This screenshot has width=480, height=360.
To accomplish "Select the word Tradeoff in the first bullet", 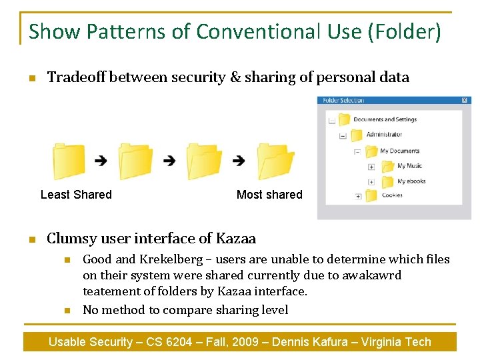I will [x=76, y=77].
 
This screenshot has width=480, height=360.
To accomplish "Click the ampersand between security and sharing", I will [x=235, y=77].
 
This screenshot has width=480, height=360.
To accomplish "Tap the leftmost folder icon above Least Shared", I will [x=69, y=161].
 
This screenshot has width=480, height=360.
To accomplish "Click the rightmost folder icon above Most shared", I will [x=275, y=161].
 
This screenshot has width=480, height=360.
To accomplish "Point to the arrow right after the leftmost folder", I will [x=101, y=161].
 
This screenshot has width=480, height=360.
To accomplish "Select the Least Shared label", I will [x=76, y=195].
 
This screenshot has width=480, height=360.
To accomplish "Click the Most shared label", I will [x=269, y=195].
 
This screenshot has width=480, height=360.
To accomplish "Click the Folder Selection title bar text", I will [x=343, y=101].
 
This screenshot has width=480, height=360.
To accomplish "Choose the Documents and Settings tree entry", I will [x=385, y=120].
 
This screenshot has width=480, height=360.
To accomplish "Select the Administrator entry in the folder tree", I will [x=383, y=135].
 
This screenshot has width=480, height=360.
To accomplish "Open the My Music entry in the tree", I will [x=409, y=166].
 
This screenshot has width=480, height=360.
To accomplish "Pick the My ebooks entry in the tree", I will [x=411, y=181].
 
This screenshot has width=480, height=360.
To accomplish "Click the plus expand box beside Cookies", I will [x=358, y=197].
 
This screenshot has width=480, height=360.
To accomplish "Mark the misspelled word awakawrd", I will [x=373, y=275].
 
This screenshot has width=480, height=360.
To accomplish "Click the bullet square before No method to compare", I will [x=67, y=310].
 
